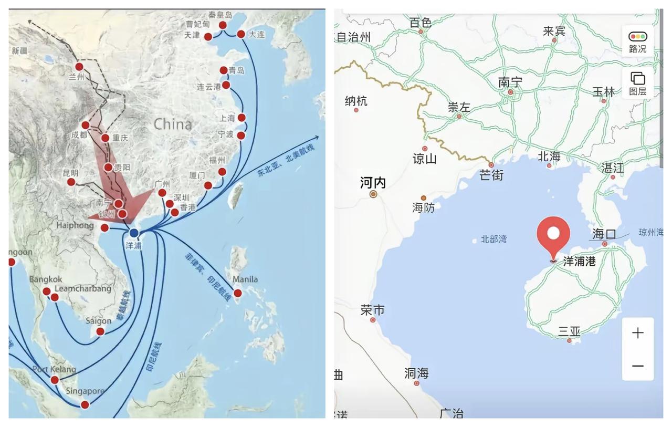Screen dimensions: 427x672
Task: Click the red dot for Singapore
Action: [85, 404]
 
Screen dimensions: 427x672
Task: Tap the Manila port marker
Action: [237, 293]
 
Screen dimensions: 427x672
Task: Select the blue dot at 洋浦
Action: [134, 233]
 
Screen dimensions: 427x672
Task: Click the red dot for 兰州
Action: [79, 67]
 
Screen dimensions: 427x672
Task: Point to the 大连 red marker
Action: [241, 34]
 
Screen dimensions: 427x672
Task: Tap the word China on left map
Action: [173, 124]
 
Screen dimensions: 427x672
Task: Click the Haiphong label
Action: [75, 225]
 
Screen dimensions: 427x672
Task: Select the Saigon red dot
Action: [100, 331]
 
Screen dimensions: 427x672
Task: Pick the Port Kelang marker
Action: [55, 380]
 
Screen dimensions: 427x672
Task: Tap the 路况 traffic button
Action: [637, 41]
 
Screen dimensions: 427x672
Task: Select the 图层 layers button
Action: [637, 84]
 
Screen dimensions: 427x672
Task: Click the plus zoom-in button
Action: [638, 333]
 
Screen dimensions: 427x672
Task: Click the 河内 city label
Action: [373, 182]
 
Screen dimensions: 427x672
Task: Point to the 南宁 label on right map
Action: [510, 82]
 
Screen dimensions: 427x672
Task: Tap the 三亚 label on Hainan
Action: [569, 331]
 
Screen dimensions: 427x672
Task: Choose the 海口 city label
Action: [604, 234]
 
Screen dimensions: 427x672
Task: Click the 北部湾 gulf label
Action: [494, 239]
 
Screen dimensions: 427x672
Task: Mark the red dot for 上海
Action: [241, 118]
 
